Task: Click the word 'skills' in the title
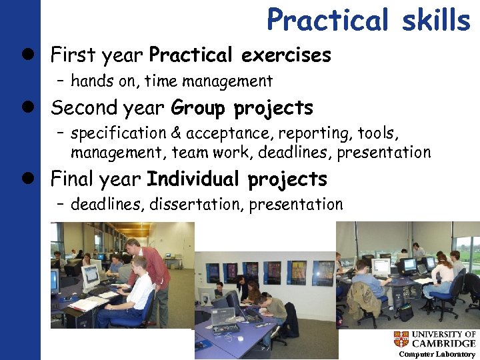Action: (x=436, y=20)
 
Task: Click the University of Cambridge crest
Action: (x=401, y=339)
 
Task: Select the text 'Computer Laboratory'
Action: (x=437, y=354)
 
